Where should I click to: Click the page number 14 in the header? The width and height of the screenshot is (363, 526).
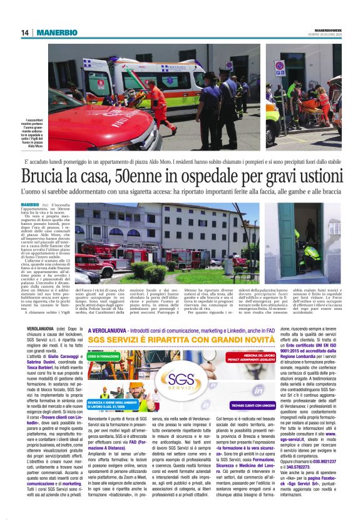click(24, 32)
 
